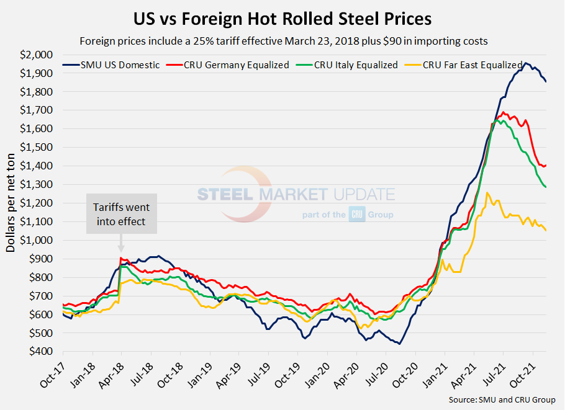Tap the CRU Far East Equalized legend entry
pyautogui.click(x=472, y=65)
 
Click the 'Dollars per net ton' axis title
pyautogui.click(x=11, y=202)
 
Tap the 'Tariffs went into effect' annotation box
pyautogui.click(x=121, y=213)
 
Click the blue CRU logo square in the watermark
pyautogui.click(x=358, y=213)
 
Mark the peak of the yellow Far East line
pyautogui.click(x=487, y=192)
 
